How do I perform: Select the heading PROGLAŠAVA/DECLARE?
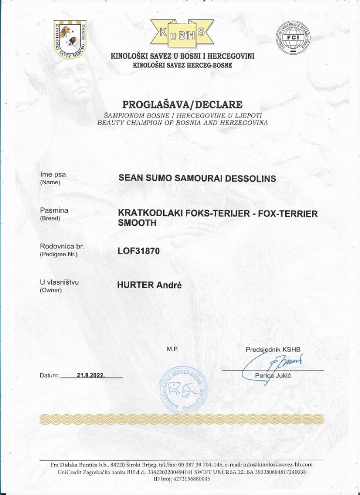(x=181, y=104)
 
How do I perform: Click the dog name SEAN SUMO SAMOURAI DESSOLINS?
(x=197, y=178)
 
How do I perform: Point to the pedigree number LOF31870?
(x=138, y=251)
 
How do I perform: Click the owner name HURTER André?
(x=149, y=285)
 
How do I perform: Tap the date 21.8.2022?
(x=91, y=375)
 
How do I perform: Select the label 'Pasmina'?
(x=54, y=210)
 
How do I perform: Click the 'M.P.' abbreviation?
(x=173, y=349)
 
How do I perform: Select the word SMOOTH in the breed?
(x=138, y=224)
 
